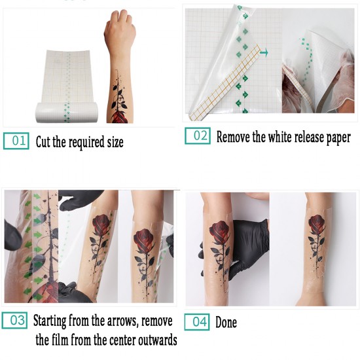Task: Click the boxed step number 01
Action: coord(17,141)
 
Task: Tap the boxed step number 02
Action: coord(198,136)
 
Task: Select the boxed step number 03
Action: coord(16,321)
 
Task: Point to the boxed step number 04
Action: coord(197,321)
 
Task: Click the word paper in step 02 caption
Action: coord(334,137)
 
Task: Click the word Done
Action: coord(226,322)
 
